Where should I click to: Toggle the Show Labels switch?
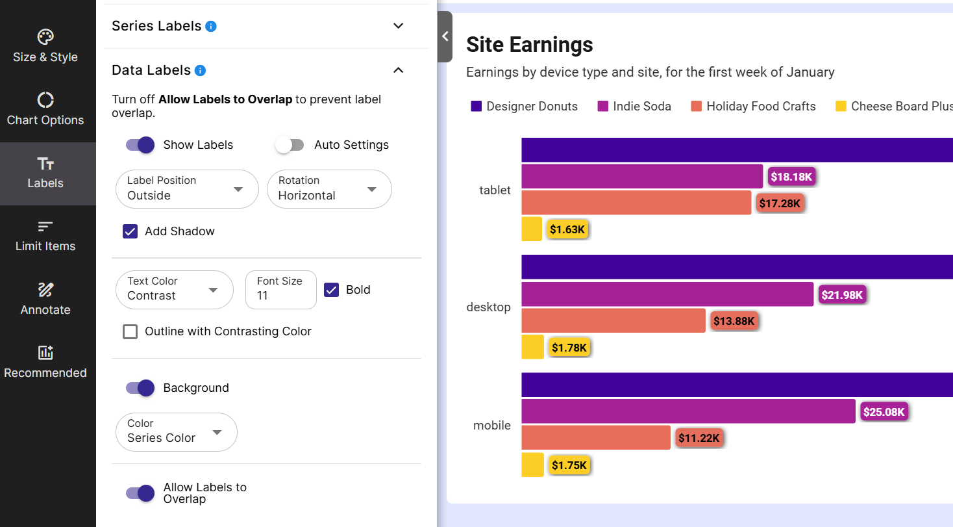(x=140, y=145)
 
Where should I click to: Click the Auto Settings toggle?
(x=290, y=145)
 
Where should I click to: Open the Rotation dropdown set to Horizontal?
(x=329, y=189)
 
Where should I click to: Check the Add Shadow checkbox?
(x=130, y=231)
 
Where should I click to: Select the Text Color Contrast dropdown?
(x=174, y=289)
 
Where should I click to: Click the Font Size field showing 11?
(x=280, y=289)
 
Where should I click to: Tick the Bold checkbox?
(x=332, y=290)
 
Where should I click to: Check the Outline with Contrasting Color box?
(x=130, y=331)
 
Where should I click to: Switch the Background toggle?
(x=140, y=388)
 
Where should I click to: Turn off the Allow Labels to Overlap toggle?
(x=140, y=493)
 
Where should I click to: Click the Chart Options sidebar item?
(x=45, y=109)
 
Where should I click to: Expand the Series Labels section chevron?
(x=399, y=26)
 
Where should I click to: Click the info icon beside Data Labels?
(x=200, y=70)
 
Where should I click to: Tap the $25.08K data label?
(x=884, y=412)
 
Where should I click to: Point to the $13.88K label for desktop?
(x=734, y=321)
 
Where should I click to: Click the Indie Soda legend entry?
(x=634, y=107)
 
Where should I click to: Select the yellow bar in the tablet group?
(x=531, y=229)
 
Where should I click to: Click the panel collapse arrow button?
(x=445, y=36)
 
